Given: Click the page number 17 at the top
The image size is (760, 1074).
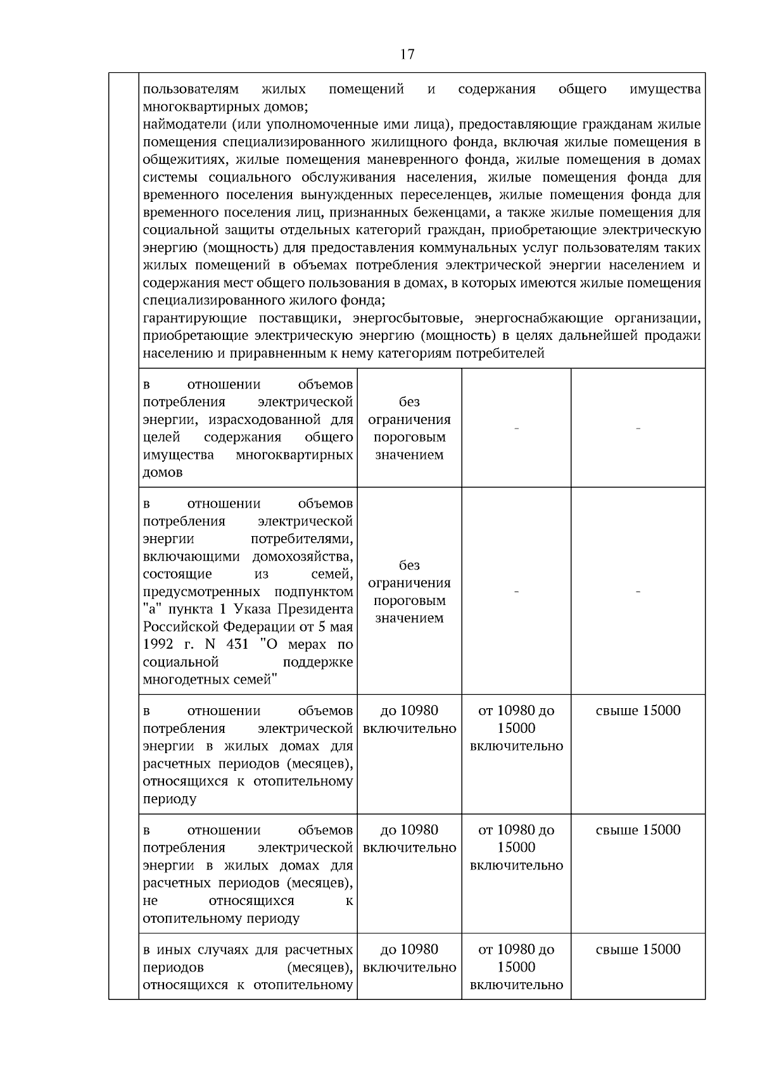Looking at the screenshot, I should [x=407, y=54].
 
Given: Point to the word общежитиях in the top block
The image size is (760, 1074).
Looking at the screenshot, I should [x=180, y=159].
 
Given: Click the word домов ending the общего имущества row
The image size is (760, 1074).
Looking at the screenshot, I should [x=163, y=473].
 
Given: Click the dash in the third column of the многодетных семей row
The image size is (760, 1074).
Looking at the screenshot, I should [x=516, y=592].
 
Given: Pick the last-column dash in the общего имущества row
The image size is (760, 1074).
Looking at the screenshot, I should [x=638, y=429].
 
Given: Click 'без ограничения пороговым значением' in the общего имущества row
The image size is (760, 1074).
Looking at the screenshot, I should [x=409, y=428].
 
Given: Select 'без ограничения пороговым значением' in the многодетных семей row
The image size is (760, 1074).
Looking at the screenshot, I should [x=409, y=592].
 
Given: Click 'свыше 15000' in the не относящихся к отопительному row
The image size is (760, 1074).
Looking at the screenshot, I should [x=638, y=830].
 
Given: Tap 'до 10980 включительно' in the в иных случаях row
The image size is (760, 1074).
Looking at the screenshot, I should [x=409, y=958].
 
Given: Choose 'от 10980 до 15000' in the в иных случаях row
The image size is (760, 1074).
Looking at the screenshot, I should [x=516, y=958].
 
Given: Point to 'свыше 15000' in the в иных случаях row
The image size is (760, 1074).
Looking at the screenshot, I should [x=638, y=949].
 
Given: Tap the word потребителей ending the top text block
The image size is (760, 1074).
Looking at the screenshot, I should [x=502, y=353].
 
